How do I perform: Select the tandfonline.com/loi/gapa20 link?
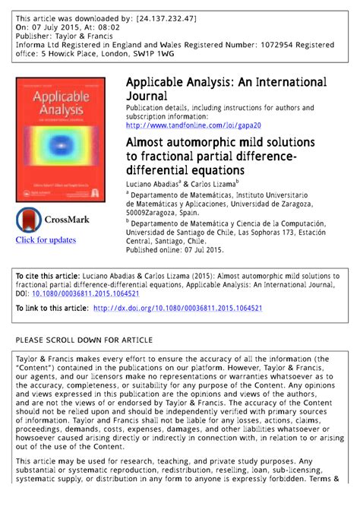point(194,125)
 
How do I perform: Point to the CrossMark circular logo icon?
point(29,220)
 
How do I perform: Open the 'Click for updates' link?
point(46,240)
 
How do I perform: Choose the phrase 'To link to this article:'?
point(51,309)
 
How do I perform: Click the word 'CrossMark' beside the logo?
point(68,220)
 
